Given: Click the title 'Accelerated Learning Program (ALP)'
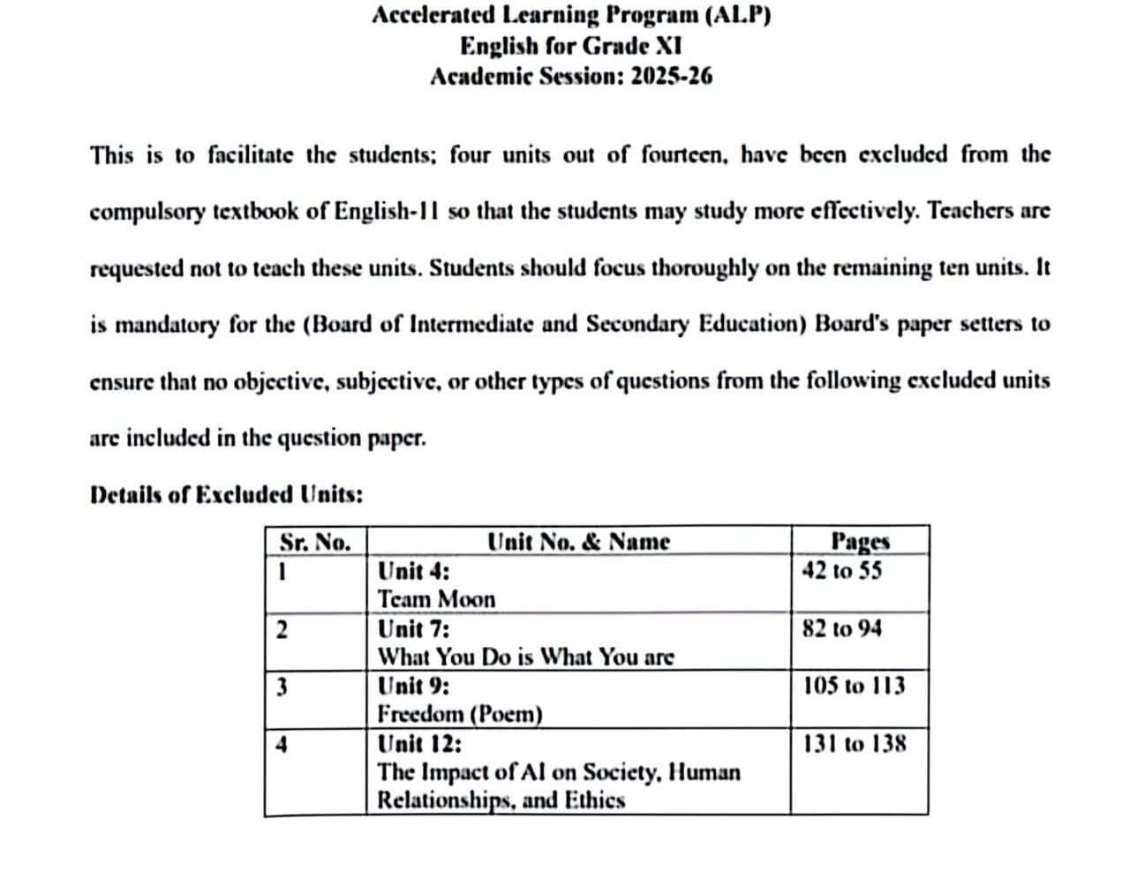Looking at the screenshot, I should [571, 15].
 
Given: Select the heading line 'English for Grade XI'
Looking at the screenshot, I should [570, 45].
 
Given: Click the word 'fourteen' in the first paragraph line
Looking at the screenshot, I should [684, 155].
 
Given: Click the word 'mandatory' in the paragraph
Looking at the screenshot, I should [168, 325].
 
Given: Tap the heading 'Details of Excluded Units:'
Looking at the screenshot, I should [226, 494].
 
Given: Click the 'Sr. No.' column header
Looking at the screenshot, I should [315, 541].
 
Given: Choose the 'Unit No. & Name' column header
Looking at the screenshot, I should [578, 541].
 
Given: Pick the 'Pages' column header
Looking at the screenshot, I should [860, 541].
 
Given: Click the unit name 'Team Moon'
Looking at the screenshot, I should [436, 599].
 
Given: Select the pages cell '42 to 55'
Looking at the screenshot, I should [841, 571].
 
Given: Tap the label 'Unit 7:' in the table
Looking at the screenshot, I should [413, 629].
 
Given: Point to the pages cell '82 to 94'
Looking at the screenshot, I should [841, 628].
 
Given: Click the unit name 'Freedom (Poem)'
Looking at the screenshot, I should [460, 713].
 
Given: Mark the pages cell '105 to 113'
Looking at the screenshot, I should [854, 686].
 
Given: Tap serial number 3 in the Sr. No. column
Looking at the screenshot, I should [282, 687].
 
